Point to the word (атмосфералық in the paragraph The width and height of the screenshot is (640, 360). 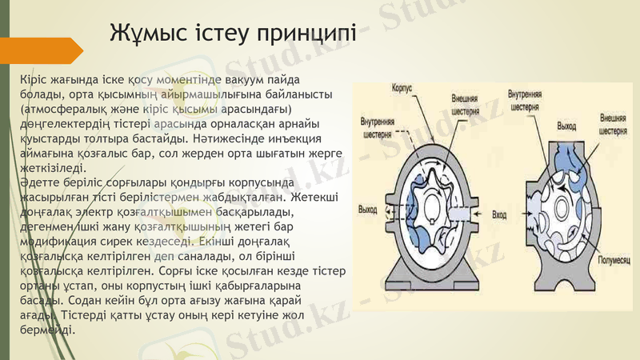(65, 108)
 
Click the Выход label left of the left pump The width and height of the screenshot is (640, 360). (368, 210)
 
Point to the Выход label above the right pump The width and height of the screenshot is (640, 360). (566, 126)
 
